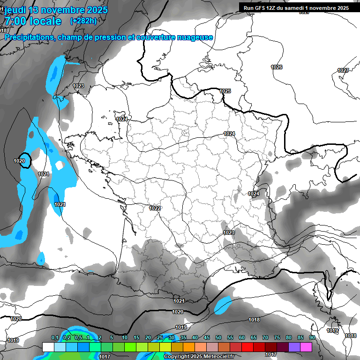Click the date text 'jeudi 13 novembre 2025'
tap(56, 10)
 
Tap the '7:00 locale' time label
tap(33, 21)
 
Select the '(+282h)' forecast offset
tap(83, 21)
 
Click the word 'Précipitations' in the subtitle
tap(30, 37)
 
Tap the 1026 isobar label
tap(277, 67)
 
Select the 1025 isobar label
tap(225, 91)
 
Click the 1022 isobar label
tap(155, 208)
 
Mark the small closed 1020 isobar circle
tap(23, 160)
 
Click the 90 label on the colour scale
tap(312, 338)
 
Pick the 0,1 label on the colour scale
tap(54, 338)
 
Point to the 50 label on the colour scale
tap(218, 338)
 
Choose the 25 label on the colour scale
tap(160, 338)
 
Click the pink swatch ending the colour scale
tap(306, 347)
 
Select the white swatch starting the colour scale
tap(48, 347)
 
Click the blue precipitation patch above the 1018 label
tap(223, 305)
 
